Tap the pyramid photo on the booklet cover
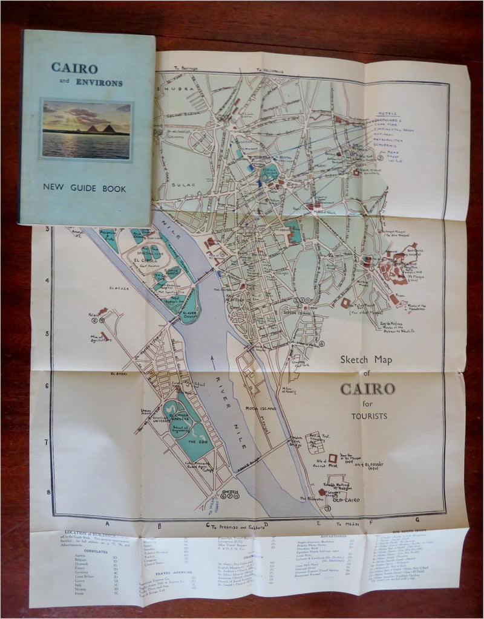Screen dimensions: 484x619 (x=87, y=129)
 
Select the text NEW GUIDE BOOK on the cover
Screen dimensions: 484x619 (x=85, y=189)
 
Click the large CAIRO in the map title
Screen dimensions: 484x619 (x=368, y=388)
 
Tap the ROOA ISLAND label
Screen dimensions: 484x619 (x=261, y=409)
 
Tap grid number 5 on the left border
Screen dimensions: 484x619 (x=47, y=333)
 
